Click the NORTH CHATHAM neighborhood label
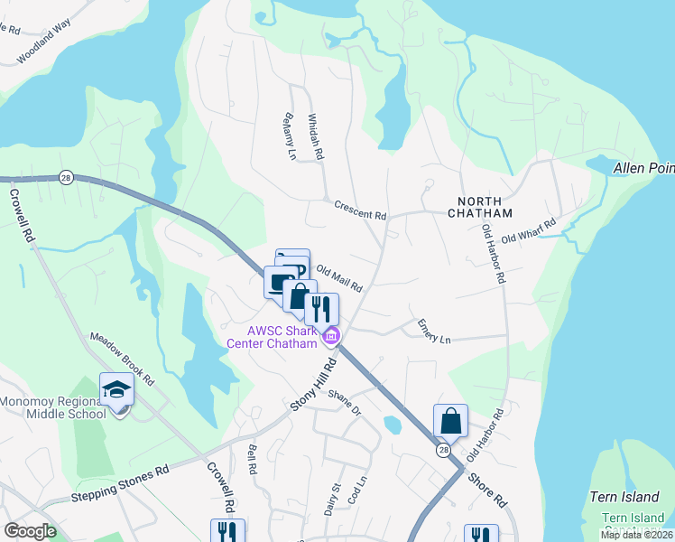pyautogui.click(x=479, y=206)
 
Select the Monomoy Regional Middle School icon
pyautogui.click(x=116, y=390)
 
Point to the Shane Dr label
pyautogui.click(x=344, y=403)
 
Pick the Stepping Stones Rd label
pyautogui.click(x=119, y=485)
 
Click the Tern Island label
pyautogui.click(x=620, y=497)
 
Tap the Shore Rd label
pyautogui.click(x=488, y=491)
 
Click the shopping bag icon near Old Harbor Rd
pyautogui.click(x=450, y=420)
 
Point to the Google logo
pyautogui.click(x=30, y=531)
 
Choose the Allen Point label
pyautogui.click(x=643, y=168)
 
